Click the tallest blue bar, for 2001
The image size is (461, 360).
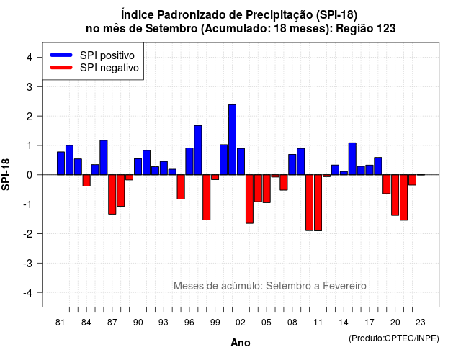(x=232, y=140)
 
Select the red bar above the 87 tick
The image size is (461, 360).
(x=112, y=194)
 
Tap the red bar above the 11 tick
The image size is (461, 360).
(x=318, y=203)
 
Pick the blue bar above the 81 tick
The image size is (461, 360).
(x=61, y=163)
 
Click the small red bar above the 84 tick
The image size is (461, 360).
(x=86, y=181)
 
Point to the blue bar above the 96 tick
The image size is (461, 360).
(x=189, y=161)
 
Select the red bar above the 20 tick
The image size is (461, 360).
(x=395, y=195)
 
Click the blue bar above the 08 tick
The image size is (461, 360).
(x=292, y=165)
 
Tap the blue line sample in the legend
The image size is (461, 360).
(x=61, y=55)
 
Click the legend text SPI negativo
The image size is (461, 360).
(x=109, y=68)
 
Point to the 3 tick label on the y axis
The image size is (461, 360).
(x=30, y=86)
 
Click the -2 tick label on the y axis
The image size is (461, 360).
(x=28, y=233)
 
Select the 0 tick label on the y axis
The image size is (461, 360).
(x=30, y=175)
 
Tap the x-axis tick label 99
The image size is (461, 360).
(x=215, y=323)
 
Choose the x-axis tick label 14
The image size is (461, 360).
(x=344, y=323)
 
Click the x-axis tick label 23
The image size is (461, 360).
(x=421, y=323)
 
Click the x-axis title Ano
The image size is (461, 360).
(x=241, y=343)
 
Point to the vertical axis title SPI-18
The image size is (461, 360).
(x=6, y=174)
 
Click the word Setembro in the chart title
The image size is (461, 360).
(x=171, y=29)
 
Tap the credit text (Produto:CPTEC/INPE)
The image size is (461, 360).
(x=394, y=338)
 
